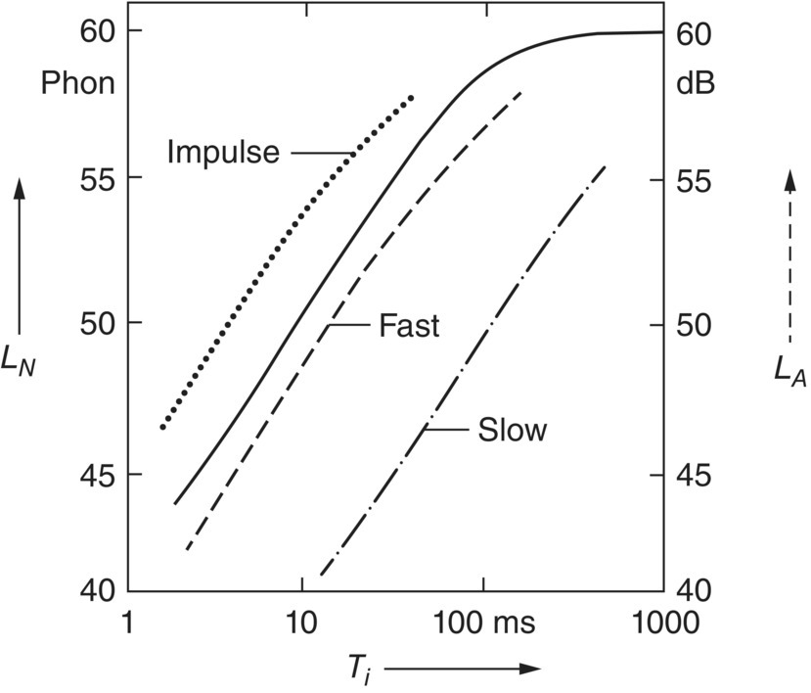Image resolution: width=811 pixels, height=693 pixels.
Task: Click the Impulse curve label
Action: [223, 153]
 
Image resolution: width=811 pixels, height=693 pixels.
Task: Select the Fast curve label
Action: [409, 326]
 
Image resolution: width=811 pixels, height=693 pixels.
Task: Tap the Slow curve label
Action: [512, 430]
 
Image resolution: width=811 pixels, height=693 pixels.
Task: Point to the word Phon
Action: [77, 84]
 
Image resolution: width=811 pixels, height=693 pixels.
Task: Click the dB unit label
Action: [697, 84]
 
